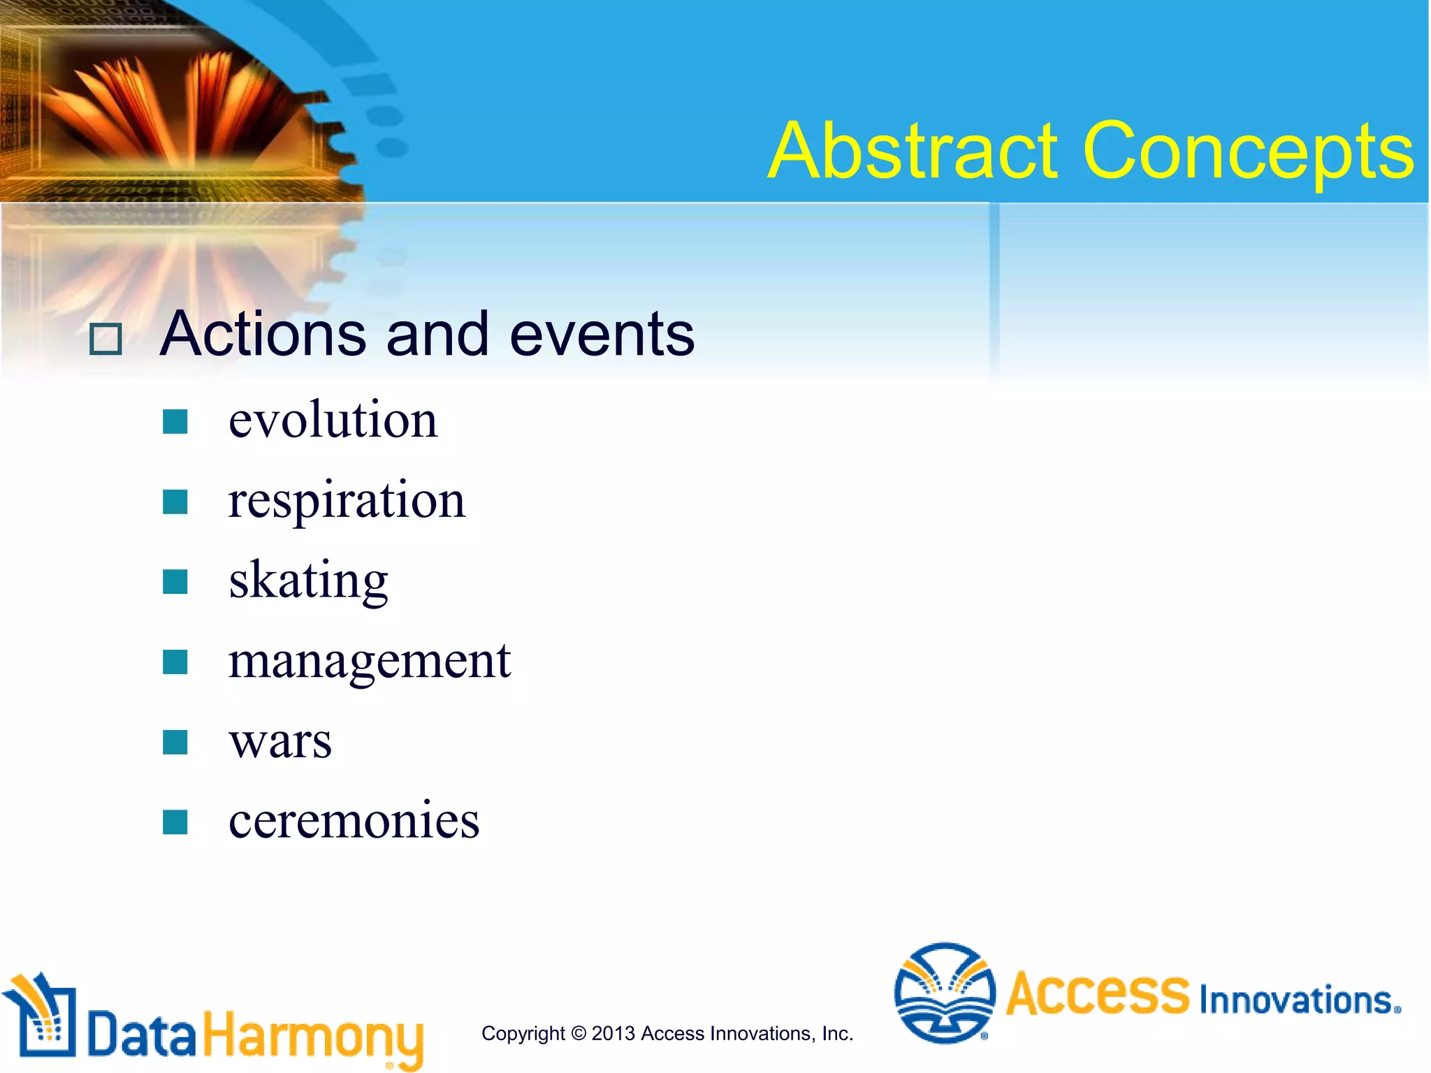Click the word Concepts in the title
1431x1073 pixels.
point(1248,152)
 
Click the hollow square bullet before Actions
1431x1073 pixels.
point(106,340)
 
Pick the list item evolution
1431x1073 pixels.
point(333,421)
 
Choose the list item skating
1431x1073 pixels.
point(308,581)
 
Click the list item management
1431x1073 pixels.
point(370,662)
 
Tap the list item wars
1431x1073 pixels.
point(280,741)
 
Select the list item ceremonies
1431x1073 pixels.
point(354,821)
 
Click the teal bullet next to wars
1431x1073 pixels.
point(175,742)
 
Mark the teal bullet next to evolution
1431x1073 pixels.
point(175,422)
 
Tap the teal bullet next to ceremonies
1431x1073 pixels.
point(175,822)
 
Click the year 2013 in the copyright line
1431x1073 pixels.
point(613,1033)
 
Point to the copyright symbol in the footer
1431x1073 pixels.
point(578,1033)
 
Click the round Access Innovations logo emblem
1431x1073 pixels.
point(945,993)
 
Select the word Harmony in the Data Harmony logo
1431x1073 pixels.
point(313,1036)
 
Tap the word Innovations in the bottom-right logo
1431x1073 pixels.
point(1298,1000)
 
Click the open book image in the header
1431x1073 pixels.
point(182,105)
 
